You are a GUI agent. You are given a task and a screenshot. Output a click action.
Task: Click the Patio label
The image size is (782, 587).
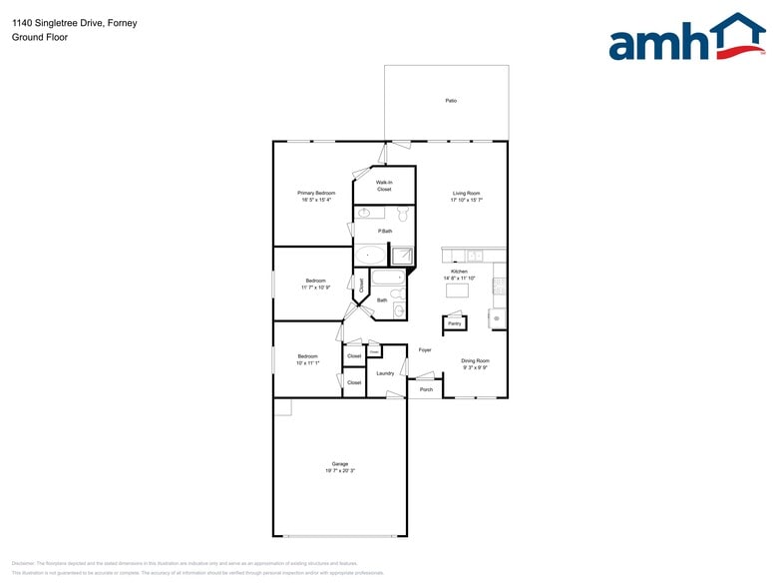(x=451, y=101)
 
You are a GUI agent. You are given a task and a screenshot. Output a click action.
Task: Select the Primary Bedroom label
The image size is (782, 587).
(x=316, y=193)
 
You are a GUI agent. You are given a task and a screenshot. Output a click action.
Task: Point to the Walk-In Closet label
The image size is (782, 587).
(x=384, y=186)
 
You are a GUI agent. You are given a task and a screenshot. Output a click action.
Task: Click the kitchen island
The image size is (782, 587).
(x=458, y=291)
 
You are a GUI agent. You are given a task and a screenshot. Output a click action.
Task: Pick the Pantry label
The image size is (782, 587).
(x=455, y=323)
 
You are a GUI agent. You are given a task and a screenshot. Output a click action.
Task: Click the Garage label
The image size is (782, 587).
(x=340, y=463)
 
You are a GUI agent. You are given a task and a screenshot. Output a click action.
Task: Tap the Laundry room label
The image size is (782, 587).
(x=385, y=373)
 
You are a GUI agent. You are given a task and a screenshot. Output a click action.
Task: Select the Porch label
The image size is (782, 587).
(x=426, y=389)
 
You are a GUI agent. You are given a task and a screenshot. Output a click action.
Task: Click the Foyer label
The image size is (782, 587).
(x=425, y=350)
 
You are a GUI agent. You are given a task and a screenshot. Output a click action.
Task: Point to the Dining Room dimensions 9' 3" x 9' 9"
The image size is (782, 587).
(x=475, y=367)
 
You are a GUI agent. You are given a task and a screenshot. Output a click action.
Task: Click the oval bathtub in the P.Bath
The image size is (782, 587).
(x=370, y=256)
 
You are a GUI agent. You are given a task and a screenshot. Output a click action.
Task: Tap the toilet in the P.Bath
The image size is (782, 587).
(x=404, y=214)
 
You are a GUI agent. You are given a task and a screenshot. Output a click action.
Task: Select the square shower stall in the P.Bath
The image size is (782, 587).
(x=401, y=256)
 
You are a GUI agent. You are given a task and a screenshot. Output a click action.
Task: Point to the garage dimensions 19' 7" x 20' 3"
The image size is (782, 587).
(x=340, y=470)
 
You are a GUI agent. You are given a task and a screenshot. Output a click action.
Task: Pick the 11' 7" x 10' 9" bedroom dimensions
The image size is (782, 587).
(x=315, y=288)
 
